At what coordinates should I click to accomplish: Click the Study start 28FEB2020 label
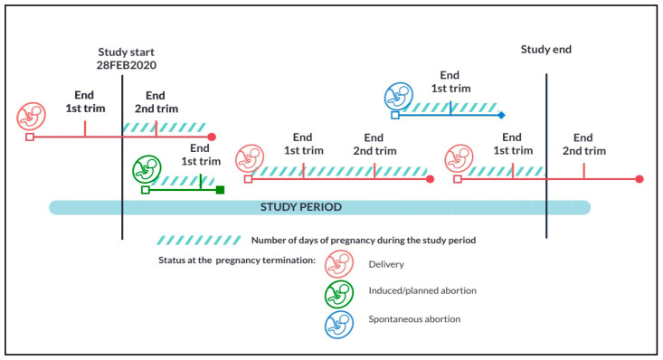click(127, 59)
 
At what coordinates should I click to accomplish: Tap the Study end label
click(546, 50)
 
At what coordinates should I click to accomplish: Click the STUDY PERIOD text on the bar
click(301, 207)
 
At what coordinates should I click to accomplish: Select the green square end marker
click(220, 190)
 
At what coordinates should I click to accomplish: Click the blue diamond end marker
click(501, 115)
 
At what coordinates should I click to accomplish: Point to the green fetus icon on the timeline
click(147, 170)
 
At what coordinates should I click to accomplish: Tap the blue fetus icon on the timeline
click(399, 97)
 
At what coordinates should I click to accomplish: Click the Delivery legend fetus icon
click(339, 264)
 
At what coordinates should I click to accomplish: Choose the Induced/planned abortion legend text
click(422, 290)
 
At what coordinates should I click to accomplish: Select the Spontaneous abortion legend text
click(414, 319)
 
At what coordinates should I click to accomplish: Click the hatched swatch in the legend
click(199, 241)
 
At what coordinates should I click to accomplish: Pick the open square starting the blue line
click(395, 115)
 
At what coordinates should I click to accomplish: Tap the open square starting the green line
click(146, 190)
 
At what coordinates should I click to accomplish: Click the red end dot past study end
click(639, 179)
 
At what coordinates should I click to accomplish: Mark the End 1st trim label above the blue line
click(450, 81)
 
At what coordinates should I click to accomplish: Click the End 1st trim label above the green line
click(201, 155)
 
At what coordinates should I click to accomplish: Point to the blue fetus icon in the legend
click(339, 325)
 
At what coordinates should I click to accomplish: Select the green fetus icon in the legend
click(339, 295)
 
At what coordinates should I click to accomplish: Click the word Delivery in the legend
click(386, 264)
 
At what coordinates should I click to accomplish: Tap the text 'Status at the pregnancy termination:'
click(237, 261)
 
